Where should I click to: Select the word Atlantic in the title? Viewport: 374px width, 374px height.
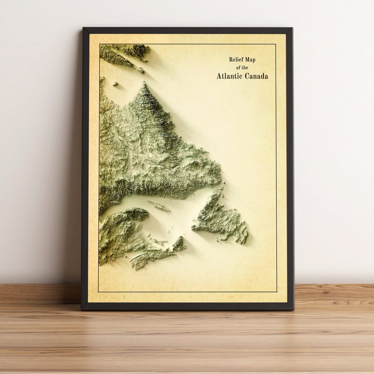(230, 76)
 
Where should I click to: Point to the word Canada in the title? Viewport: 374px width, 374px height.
(257, 76)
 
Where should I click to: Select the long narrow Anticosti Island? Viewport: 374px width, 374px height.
(158, 206)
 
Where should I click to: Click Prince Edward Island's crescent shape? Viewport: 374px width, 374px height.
(158, 240)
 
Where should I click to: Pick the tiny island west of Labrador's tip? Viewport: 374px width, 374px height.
(115, 84)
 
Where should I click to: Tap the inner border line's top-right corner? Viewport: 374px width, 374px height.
(276, 44)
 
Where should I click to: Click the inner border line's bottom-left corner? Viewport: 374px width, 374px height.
(99, 292)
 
